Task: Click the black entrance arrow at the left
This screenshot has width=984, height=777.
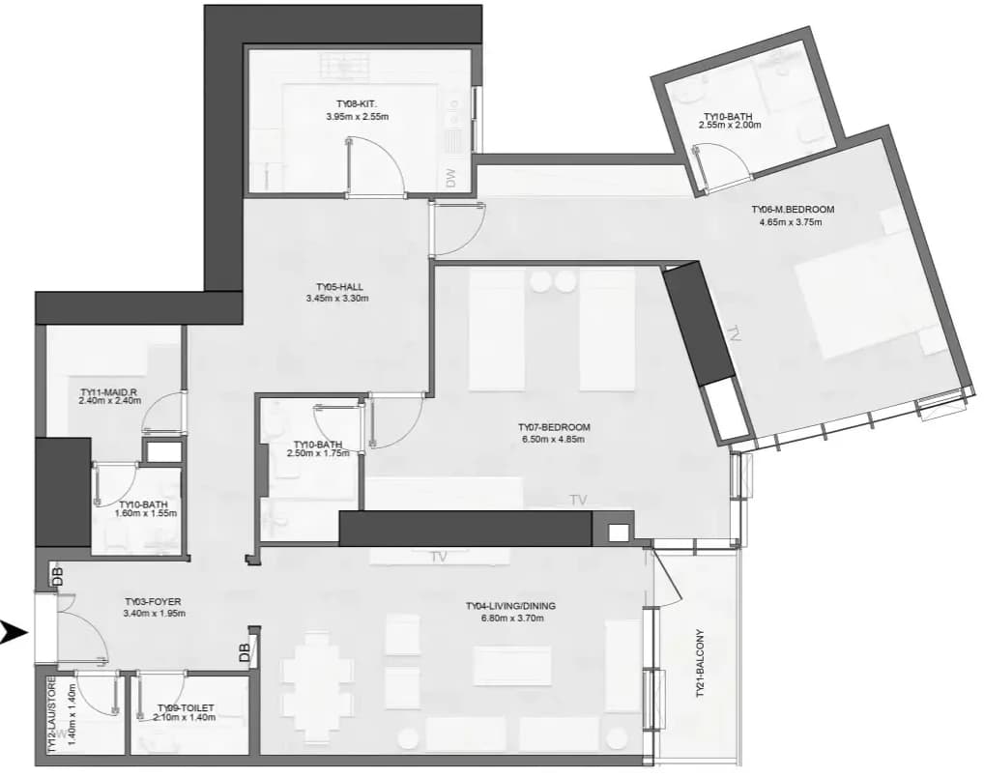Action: [x=14, y=633]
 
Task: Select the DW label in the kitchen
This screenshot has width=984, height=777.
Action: [x=451, y=178]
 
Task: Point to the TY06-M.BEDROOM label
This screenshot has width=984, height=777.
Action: [x=794, y=210]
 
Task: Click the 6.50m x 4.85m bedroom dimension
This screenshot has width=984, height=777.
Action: [x=554, y=440]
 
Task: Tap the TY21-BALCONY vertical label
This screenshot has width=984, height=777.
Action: [x=700, y=664]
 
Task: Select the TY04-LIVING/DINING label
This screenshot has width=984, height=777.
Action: [x=510, y=606]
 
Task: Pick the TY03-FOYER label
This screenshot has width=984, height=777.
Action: [x=153, y=602]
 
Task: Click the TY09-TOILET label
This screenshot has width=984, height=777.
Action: [x=186, y=707]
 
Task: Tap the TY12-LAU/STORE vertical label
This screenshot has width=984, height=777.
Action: [x=52, y=714]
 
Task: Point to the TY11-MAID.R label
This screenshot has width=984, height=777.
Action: [x=108, y=393]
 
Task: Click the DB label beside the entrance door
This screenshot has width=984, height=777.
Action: [x=58, y=577]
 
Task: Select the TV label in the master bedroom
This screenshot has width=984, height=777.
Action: [x=735, y=333]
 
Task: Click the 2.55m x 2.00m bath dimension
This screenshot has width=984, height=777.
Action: [x=730, y=125]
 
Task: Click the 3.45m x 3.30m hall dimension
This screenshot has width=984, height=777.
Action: [x=337, y=299]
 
